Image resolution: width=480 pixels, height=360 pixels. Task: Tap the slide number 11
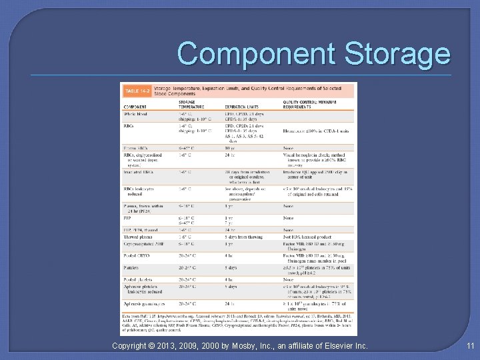pos(471,345)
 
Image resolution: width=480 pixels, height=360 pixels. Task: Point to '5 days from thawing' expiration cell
pos(244,237)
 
